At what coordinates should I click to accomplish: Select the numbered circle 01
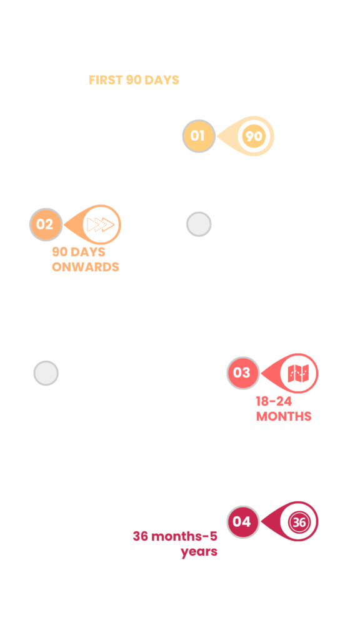pyautogui.click(x=199, y=136)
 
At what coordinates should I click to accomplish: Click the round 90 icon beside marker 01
pyautogui.click(x=254, y=136)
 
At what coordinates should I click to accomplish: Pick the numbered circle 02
pyautogui.click(x=46, y=224)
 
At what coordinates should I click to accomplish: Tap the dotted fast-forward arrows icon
pyautogui.click(x=101, y=224)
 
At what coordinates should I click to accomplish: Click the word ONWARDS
pyautogui.click(x=85, y=267)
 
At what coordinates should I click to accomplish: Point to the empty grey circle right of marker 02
pyautogui.click(x=199, y=224)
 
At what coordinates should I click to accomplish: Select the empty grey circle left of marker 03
pyautogui.click(x=46, y=373)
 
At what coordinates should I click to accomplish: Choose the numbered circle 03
pyautogui.click(x=243, y=373)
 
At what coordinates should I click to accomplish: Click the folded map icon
pyautogui.click(x=298, y=373)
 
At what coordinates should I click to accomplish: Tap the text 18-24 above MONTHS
pyautogui.click(x=274, y=402)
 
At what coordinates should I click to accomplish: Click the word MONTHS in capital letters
pyautogui.click(x=284, y=417)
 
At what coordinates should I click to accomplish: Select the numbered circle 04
pyautogui.click(x=243, y=522)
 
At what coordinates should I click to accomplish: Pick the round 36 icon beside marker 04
pyautogui.click(x=299, y=522)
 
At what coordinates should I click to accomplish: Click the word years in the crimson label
pyautogui.click(x=199, y=552)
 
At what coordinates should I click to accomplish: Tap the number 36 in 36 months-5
pyautogui.click(x=141, y=536)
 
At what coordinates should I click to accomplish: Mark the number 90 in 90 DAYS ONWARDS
pyautogui.click(x=59, y=252)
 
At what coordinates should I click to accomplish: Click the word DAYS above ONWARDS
pyautogui.click(x=87, y=252)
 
